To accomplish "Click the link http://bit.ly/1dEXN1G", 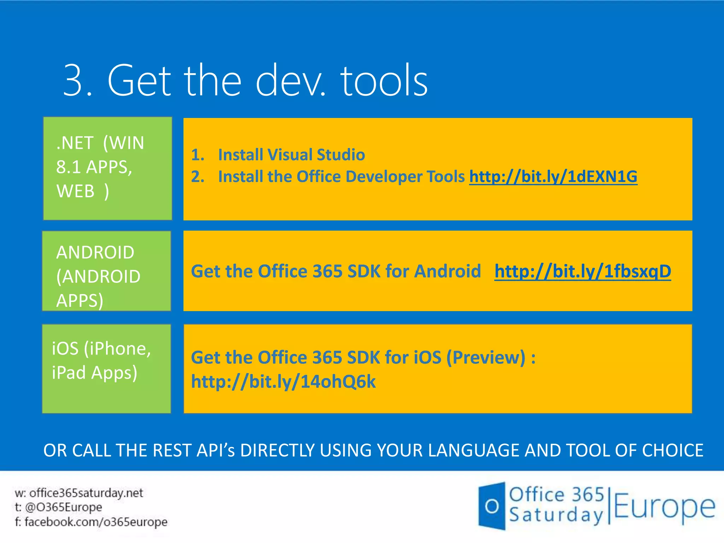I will (553, 177).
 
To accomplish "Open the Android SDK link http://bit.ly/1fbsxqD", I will (583, 271).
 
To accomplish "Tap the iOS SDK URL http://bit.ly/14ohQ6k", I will (283, 382).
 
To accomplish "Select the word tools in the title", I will (384, 81).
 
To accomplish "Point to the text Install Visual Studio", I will (291, 155).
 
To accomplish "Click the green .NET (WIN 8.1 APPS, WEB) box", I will (107, 168).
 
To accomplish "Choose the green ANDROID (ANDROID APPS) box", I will (106, 271).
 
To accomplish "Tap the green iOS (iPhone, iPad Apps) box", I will (106, 369).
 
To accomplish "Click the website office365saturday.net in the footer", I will (86, 493).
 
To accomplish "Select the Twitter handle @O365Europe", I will (64, 507).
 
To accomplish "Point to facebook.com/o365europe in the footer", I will (96, 522).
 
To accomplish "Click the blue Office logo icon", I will (492, 506).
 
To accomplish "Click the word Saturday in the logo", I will (556, 515).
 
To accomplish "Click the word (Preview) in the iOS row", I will (486, 358).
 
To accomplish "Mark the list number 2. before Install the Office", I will (198, 177).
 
